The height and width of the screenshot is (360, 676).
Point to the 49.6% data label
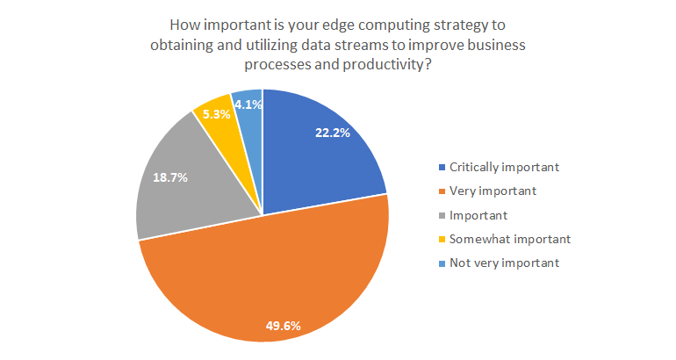click(284, 326)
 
